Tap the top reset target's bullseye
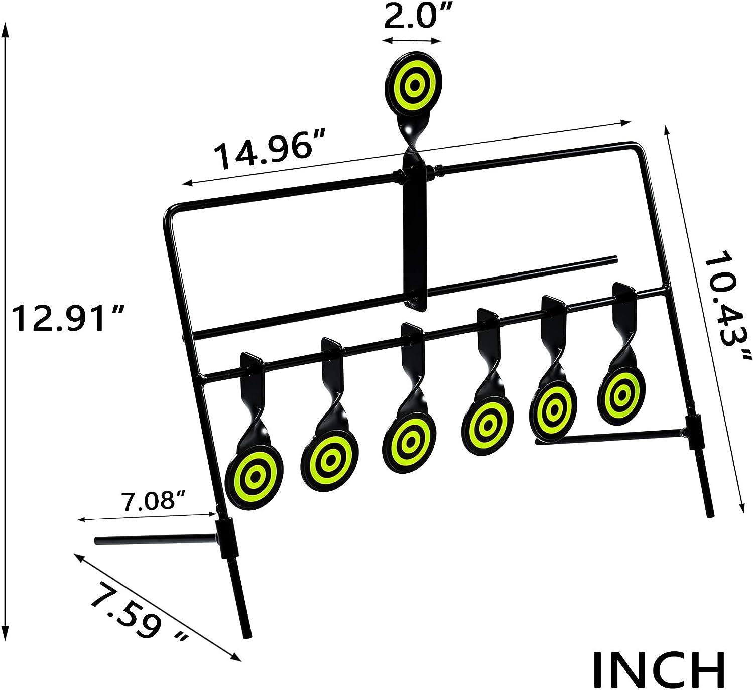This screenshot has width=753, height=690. click(413, 86)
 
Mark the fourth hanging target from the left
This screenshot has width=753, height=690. click(486, 427)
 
